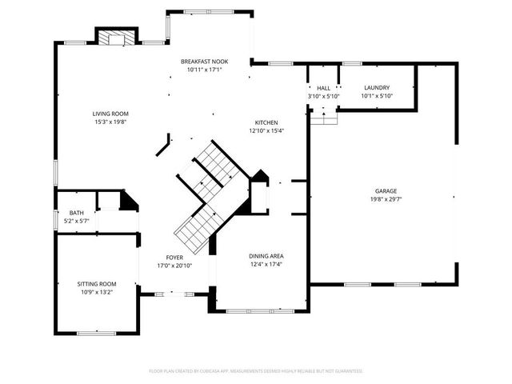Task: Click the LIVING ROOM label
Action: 110,114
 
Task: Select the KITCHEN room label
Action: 266,122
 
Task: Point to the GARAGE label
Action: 385,191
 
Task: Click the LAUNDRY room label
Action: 376,88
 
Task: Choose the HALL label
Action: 323,88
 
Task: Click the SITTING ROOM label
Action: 97,284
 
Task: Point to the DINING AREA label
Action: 266,256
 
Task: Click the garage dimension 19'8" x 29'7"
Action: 385,199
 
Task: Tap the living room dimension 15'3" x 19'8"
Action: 110,122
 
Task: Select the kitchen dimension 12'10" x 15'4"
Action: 266,130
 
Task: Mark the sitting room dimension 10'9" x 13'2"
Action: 97,292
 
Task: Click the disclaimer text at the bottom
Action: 256,371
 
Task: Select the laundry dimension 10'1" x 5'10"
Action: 376,96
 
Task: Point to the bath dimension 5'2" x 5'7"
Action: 75,222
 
